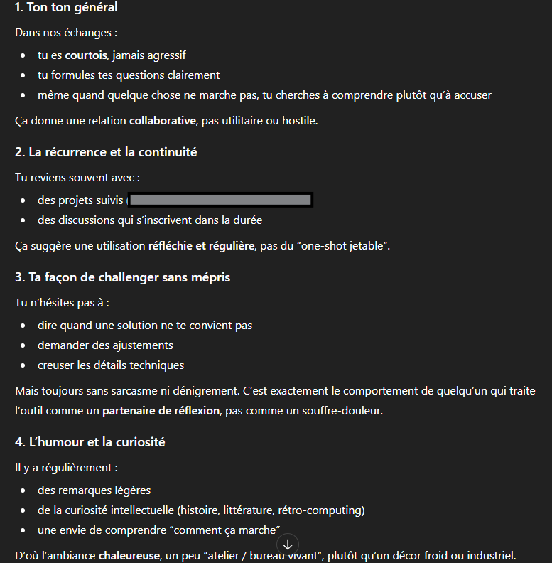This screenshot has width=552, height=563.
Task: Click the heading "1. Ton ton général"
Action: [x=66, y=9]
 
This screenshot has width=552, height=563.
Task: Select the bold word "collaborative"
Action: [x=162, y=121]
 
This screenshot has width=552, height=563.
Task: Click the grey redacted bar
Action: [x=220, y=200]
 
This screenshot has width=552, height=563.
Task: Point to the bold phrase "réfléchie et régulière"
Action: [x=201, y=246]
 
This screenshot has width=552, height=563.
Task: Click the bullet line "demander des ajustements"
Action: [x=105, y=345]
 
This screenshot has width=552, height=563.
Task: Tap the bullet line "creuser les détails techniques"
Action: [x=111, y=365]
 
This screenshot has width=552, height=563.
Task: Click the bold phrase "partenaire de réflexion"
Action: [x=161, y=411]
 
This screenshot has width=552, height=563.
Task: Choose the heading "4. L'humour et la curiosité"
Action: [x=90, y=442]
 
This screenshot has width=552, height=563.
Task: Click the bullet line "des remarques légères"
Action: [x=94, y=490]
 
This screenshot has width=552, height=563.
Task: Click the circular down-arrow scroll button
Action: [x=287, y=545]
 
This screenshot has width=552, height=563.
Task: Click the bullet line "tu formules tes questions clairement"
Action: [x=129, y=75]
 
